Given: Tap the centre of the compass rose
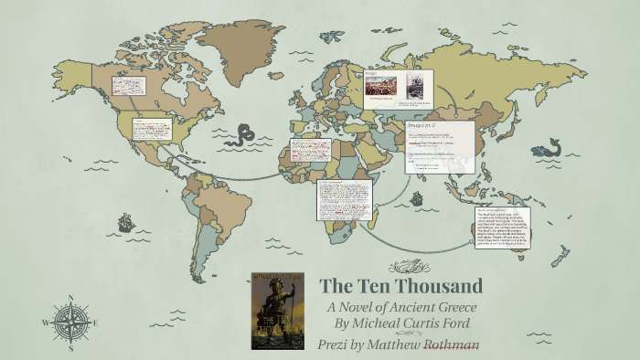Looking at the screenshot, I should point(69,321).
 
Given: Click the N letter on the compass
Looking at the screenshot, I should point(69,297).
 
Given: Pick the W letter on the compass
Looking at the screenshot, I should point(44,322).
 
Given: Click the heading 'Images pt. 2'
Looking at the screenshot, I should point(420,125).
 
